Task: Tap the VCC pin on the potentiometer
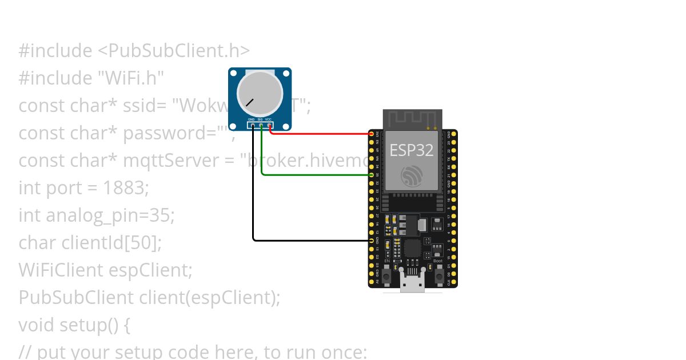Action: (269, 125)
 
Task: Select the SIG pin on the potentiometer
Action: (261, 125)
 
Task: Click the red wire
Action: (320, 134)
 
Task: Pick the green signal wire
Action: (314, 175)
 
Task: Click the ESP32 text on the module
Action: (412, 150)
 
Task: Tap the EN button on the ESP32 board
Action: (387, 275)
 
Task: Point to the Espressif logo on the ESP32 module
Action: (412, 176)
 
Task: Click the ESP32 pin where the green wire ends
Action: (372, 175)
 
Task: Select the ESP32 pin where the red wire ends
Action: (372, 134)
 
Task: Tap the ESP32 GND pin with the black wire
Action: (372, 241)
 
